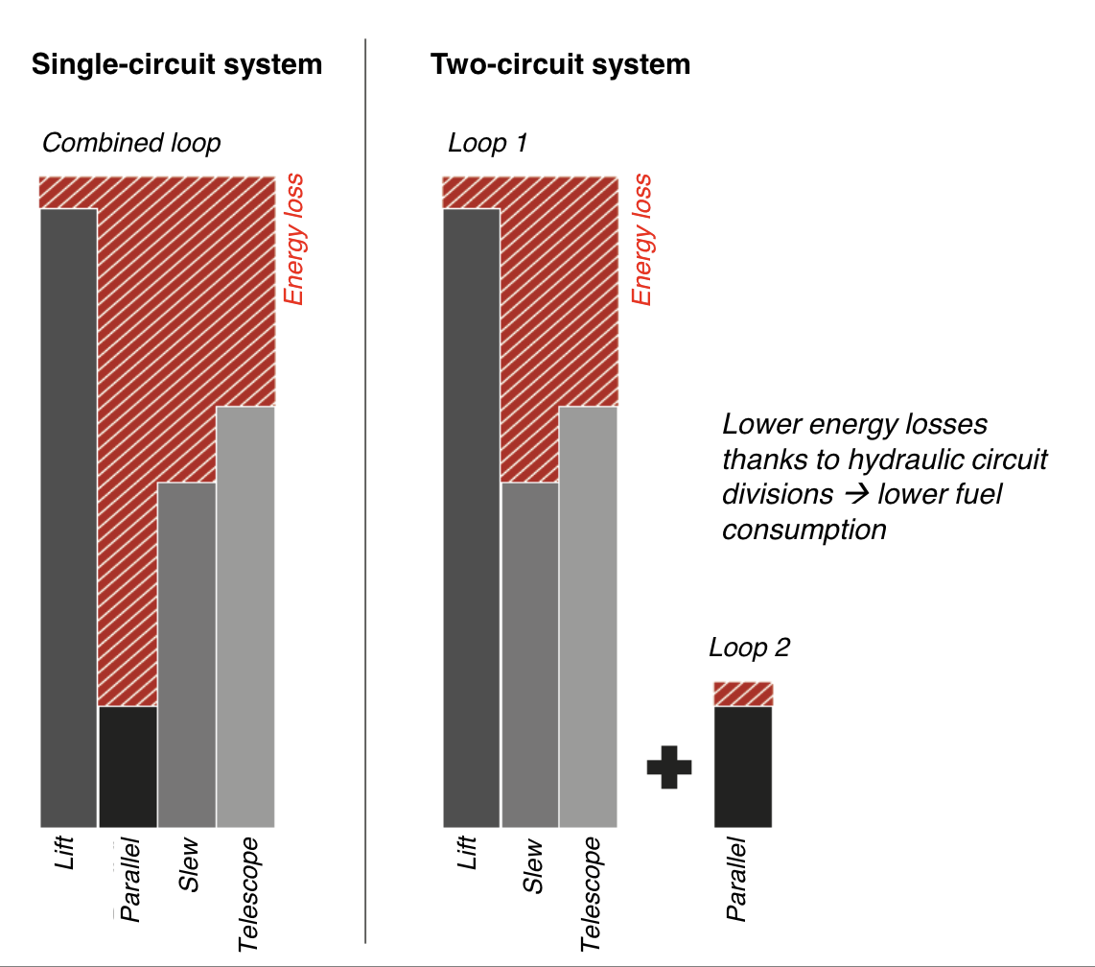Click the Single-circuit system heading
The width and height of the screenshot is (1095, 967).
176,65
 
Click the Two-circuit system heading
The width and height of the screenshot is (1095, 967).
560,65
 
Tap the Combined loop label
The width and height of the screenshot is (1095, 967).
131,143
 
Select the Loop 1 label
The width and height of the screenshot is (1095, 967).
488,143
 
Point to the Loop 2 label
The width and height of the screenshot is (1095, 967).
749,648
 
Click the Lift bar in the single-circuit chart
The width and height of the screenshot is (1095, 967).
68,518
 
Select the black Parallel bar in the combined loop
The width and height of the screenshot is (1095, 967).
128,767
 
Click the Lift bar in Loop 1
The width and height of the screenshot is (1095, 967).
471,518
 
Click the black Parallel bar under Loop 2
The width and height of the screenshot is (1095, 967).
743,767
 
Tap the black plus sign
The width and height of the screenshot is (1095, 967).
669,767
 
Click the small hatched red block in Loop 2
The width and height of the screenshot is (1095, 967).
743,694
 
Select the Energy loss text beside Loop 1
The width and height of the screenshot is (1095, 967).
641,240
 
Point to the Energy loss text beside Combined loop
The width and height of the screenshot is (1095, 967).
294,240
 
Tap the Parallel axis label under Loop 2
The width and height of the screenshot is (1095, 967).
736,879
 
